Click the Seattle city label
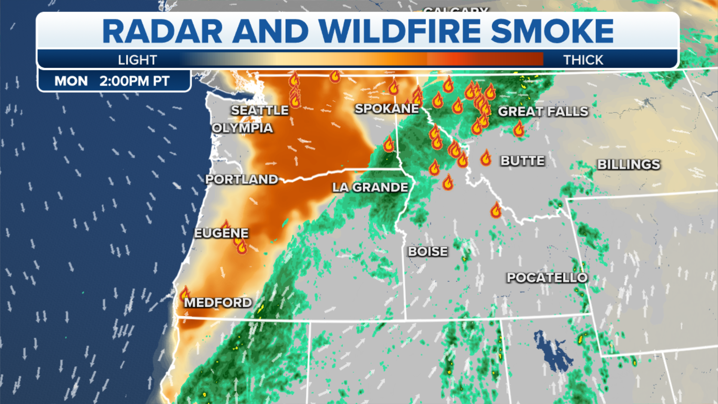pos(260,110)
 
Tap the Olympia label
pos(242,128)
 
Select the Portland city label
pos(242,180)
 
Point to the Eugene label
pos(221,233)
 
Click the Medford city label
pos(218,302)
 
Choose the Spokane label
pos(387,108)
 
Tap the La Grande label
pos(370,187)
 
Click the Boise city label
pos(428,251)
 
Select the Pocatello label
pos(547,278)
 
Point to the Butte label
pos(522,161)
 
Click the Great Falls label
pos(543,111)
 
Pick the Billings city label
pos(629,164)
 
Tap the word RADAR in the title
pos(162,31)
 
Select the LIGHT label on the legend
pos(137,60)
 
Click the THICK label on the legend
pos(583,60)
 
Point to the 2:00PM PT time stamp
pos(134,81)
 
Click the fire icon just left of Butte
pos(486,158)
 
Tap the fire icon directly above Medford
pos(185,293)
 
